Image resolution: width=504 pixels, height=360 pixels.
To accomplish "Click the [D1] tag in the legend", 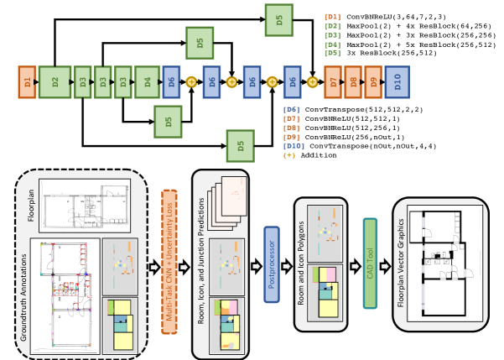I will (x=333, y=16).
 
